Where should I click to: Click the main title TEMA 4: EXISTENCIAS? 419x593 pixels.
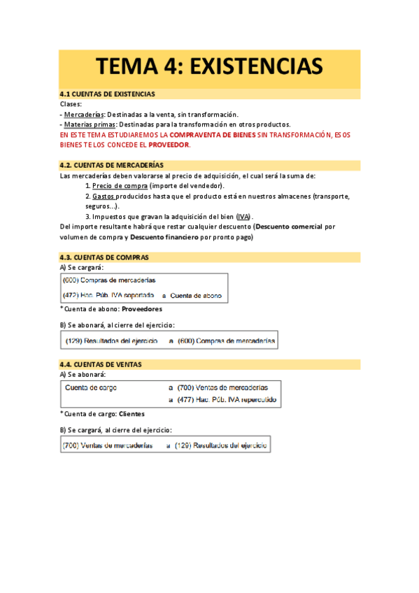pyautogui.click(x=209, y=66)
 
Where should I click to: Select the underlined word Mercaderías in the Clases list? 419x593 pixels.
pyautogui.click(x=84, y=114)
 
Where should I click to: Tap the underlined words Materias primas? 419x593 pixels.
pyautogui.click(x=89, y=124)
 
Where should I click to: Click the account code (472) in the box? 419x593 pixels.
pyautogui.click(x=72, y=296)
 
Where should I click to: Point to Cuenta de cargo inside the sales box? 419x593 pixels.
pyautogui.click(x=91, y=387)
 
